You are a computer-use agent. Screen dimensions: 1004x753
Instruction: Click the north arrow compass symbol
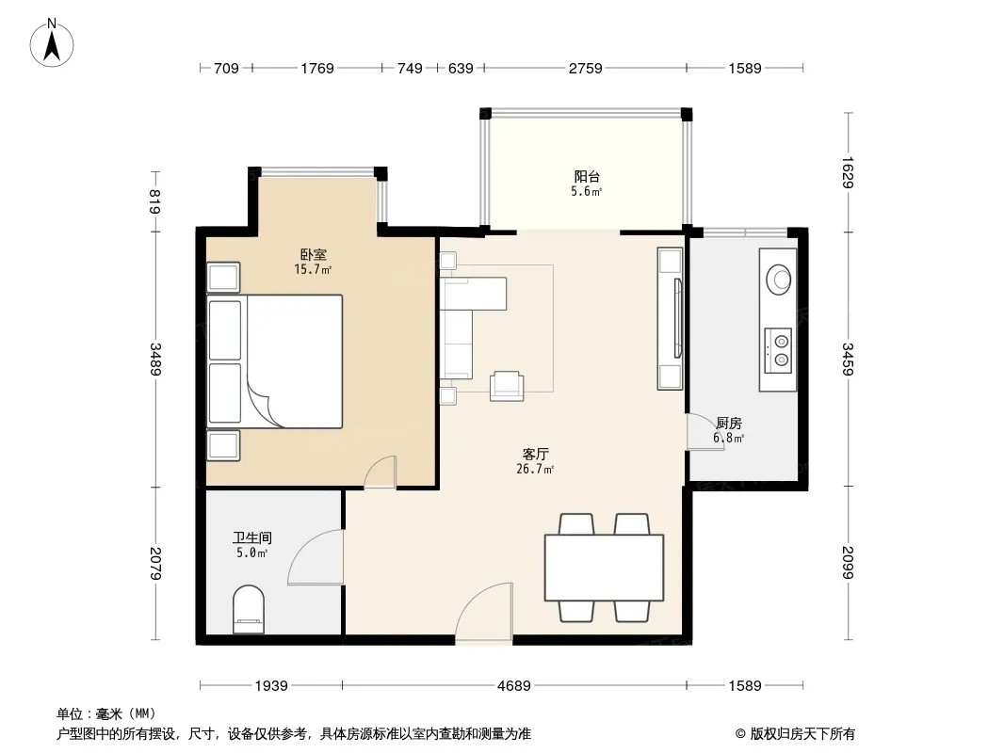tap(52, 42)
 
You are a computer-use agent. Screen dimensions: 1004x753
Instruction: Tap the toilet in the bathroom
tap(249, 609)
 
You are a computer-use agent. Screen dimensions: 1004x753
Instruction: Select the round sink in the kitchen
tap(779, 280)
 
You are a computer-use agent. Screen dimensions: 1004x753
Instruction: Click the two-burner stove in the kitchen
tap(778, 350)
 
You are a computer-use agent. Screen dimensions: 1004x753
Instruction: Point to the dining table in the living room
tap(604, 568)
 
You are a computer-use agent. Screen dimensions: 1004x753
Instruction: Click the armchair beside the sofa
tap(507, 387)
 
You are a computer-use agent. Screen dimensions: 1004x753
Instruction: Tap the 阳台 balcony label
tap(587, 176)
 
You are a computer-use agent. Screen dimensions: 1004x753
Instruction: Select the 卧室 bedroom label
tap(313, 254)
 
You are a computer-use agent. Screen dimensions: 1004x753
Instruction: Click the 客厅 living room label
tap(535, 454)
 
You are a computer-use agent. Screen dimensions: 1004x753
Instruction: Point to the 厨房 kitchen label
tap(729, 423)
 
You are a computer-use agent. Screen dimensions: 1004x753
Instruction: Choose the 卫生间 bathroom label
tap(251, 538)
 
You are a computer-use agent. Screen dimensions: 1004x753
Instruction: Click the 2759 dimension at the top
tap(585, 68)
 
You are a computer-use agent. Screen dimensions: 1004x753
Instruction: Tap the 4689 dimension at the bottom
tap(514, 686)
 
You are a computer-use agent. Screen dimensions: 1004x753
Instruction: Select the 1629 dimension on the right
tap(848, 172)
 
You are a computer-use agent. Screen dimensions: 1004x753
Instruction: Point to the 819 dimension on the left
tap(155, 201)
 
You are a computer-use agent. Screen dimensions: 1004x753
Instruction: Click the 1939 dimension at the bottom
tap(271, 686)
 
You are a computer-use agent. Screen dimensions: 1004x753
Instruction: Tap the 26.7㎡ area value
tap(535, 469)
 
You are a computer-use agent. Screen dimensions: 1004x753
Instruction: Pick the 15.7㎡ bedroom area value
tap(313, 269)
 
